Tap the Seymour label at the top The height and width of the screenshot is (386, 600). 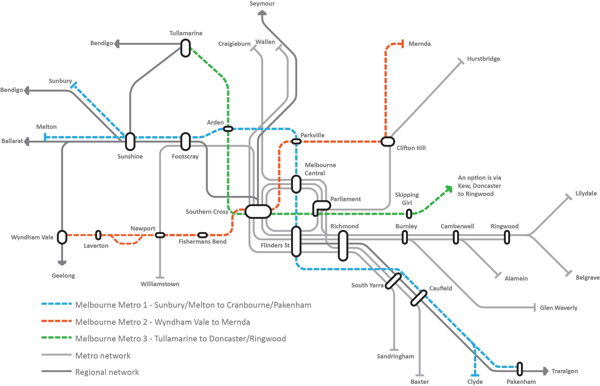click(x=262, y=4)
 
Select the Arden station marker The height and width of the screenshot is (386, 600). click(x=228, y=129)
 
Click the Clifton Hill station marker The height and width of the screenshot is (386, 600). click(x=388, y=141)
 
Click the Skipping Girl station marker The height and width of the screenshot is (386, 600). click(x=409, y=214)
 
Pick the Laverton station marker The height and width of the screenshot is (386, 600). click(x=98, y=235)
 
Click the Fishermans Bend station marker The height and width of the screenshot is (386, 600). click(x=202, y=235)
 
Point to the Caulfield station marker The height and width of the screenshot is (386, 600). click(x=419, y=298)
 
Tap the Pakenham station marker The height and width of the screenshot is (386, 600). click(x=520, y=369)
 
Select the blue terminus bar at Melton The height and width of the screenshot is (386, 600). click(x=45, y=137)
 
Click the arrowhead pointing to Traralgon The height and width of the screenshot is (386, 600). click(x=546, y=371)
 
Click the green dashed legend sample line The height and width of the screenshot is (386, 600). click(x=56, y=337)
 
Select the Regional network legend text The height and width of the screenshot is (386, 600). click(x=107, y=372)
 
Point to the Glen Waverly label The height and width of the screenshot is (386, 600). click(x=558, y=308)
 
